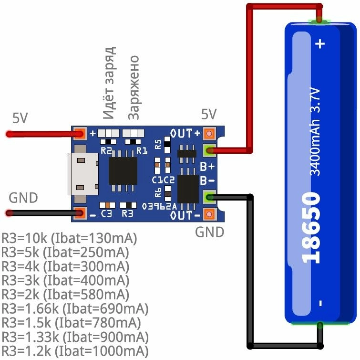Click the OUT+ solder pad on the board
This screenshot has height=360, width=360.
click(209, 134)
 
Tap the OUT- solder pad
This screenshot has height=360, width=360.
click(209, 214)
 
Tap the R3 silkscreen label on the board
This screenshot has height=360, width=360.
click(127, 214)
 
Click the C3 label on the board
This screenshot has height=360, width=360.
click(106, 214)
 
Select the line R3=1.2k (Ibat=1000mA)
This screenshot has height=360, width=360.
click(75, 351)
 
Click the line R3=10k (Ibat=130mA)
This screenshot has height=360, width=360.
click(69, 238)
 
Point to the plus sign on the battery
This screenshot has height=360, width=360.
click(320, 44)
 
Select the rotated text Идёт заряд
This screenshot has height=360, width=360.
click(109, 83)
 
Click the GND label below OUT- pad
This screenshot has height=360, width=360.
click(210, 232)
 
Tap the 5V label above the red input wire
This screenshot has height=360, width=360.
click(21, 118)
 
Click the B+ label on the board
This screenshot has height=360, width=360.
click(206, 167)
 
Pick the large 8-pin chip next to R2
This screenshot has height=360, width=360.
click(123, 171)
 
